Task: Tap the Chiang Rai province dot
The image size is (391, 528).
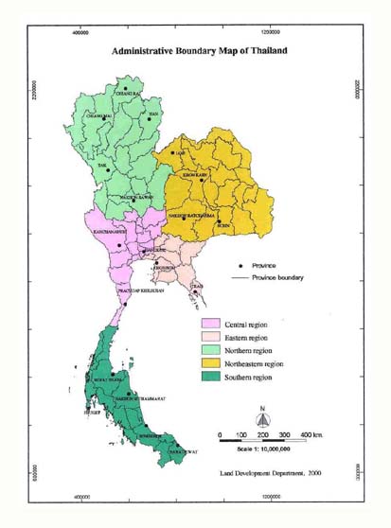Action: click(x=125, y=89)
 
